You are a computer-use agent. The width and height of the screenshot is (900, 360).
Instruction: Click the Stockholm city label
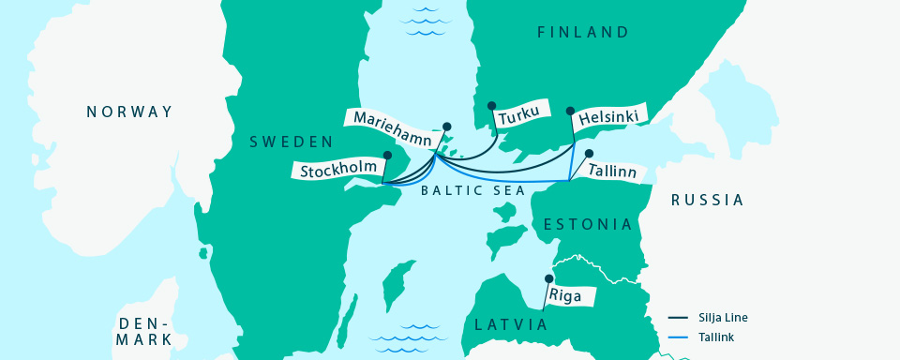click(x=339, y=170)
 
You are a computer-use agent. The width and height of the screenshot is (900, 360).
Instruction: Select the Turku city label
click(x=518, y=118)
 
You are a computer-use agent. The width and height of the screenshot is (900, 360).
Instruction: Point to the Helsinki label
click(x=609, y=117)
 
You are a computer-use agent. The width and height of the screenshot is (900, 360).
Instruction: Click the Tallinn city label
click(x=612, y=172)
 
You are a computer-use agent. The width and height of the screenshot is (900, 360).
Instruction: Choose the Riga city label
click(x=572, y=296)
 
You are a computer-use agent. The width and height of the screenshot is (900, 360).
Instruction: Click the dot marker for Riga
click(x=549, y=278)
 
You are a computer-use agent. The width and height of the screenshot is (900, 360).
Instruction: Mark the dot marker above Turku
click(x=491, y=106)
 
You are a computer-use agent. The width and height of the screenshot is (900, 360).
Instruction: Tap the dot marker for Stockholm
click(x=387, y=156)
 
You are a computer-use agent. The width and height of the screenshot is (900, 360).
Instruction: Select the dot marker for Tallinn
click(x=589, y=153)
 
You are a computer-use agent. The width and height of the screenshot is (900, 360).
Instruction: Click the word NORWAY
click(x=129, y=112)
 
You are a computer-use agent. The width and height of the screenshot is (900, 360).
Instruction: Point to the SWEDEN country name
click(x=291, y=142)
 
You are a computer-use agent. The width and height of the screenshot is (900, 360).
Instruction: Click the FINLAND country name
click(x=582, y=33)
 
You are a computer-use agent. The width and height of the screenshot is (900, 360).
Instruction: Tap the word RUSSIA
click(x=707, y=200)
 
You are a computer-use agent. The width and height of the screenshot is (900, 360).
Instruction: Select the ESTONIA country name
click(x=589, y=225)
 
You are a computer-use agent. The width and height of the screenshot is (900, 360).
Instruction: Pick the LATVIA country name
click(x=511, y=324)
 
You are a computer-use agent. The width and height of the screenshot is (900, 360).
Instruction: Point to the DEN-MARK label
click(x=143, y=331)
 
